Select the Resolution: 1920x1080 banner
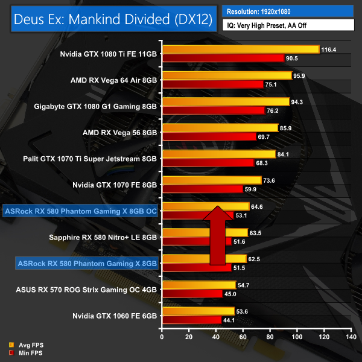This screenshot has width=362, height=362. coord(288,11)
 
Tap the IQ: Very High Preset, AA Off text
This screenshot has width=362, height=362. coord(288,25)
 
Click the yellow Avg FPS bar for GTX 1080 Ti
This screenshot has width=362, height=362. coord(240,49)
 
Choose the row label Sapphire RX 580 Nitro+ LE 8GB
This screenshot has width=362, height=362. coord(103,237)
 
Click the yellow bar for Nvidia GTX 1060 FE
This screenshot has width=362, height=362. coord(198,311)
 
